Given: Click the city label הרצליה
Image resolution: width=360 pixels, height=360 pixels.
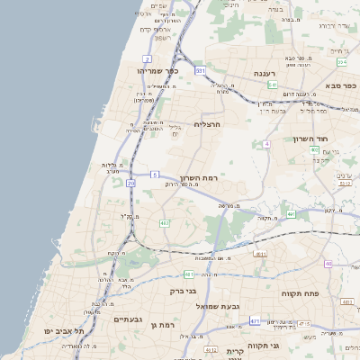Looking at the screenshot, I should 207,124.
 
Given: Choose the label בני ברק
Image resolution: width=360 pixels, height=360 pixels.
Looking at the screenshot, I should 184,291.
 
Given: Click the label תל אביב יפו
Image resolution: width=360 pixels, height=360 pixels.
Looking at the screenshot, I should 67,331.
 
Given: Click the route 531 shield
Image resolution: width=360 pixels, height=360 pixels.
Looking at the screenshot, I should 200,69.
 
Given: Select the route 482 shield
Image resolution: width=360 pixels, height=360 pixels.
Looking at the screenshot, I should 165,222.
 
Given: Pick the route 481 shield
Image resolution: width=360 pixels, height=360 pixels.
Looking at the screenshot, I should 188,274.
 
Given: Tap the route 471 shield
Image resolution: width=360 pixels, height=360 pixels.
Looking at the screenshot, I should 255,321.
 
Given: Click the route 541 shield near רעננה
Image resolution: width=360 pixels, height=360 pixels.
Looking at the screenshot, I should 272,85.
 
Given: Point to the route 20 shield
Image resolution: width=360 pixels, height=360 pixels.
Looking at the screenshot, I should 131,183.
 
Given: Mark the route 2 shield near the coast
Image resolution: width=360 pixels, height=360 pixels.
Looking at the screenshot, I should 147,58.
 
